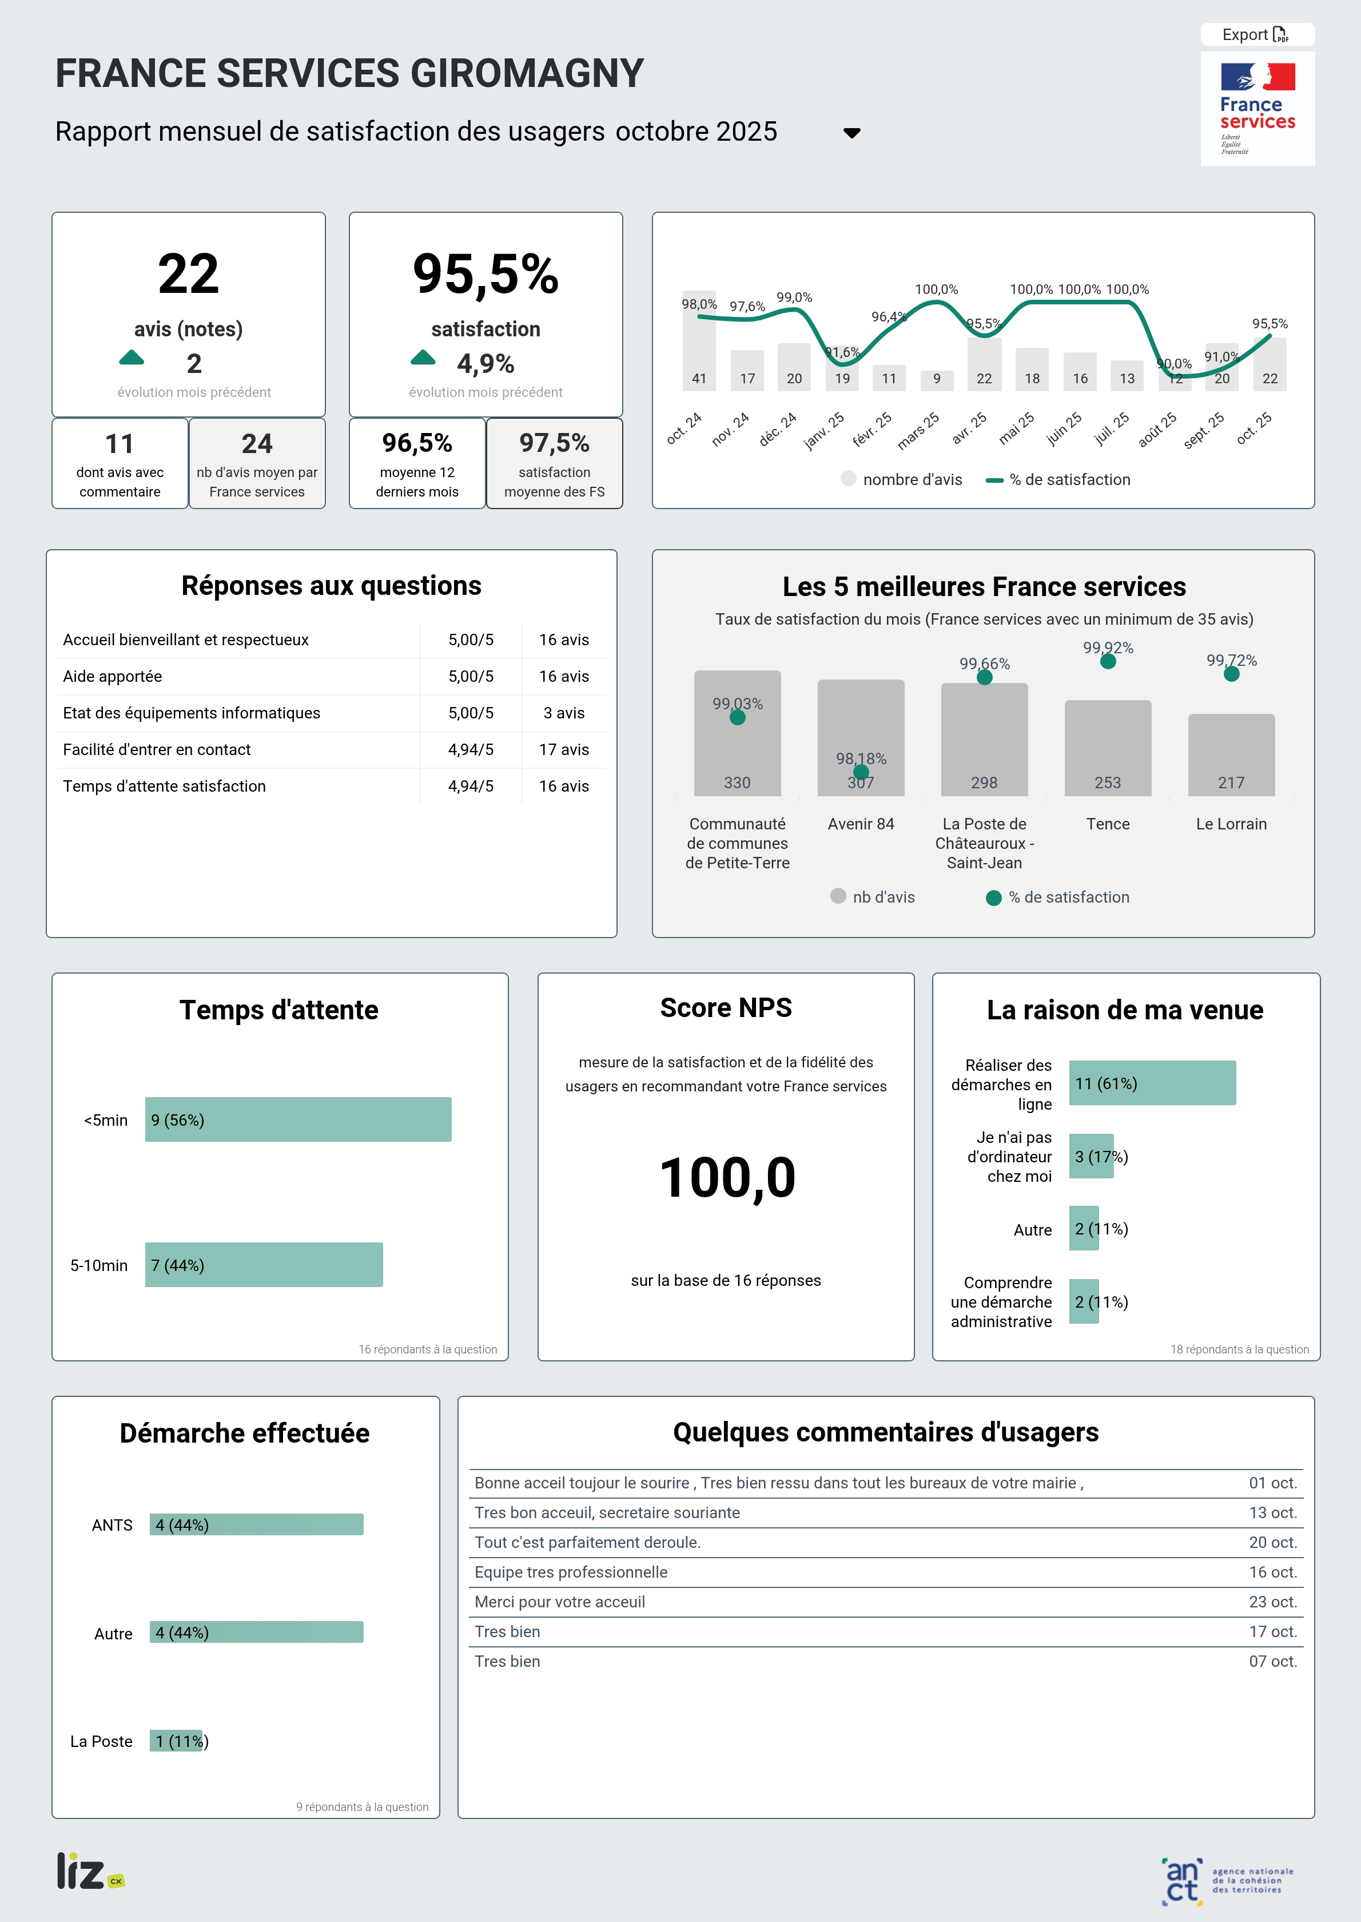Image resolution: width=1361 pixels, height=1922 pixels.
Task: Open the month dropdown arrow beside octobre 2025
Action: pos(851,133)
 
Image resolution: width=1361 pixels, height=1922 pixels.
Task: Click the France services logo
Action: pos(1257,109)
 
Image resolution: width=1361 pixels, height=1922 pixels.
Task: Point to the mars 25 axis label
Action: pos(918,431)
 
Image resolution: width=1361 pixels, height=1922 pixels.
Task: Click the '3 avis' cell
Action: pos(563,713)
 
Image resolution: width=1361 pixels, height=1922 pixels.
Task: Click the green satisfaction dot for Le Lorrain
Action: pos(1231,674)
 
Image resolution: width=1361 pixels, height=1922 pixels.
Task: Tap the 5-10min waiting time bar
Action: pos(264,1265)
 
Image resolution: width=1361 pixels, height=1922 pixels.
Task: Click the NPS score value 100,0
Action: pos(727,1178)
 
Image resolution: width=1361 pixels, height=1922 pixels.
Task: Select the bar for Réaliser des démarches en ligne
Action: pos(1152,1083)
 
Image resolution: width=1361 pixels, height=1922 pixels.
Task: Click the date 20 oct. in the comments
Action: pos(1272,1542)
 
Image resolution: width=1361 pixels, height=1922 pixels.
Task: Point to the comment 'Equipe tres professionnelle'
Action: pos(571,1572)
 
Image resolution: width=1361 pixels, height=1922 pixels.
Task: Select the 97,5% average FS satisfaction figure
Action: pos(554,443)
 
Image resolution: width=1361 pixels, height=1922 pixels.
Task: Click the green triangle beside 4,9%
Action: pos(423,359)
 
